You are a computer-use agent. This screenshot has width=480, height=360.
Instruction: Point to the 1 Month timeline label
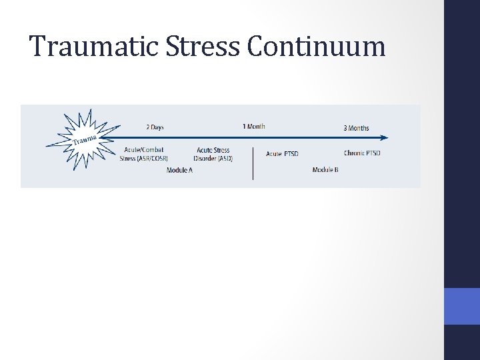click(x=253, y=127)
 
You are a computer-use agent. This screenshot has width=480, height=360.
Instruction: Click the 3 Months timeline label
click(x=356, y=128)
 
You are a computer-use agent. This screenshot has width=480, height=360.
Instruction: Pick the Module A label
click(x=179, y=170)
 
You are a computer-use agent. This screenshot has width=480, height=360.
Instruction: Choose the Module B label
click(x=325, y=170)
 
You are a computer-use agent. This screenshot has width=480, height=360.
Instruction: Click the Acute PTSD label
click(x=282, y=154)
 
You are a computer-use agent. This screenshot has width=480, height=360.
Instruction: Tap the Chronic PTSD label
click(x=362, y=154)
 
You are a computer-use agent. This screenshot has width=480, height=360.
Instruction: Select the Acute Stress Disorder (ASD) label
click(x=213, y=154)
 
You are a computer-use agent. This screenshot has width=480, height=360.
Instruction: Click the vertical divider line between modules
click(x=253, y=163)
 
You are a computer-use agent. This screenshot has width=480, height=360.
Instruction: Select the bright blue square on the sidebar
click(x=461, y=307)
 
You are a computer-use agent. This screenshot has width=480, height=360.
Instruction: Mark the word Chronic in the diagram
click(x=354, y=154)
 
